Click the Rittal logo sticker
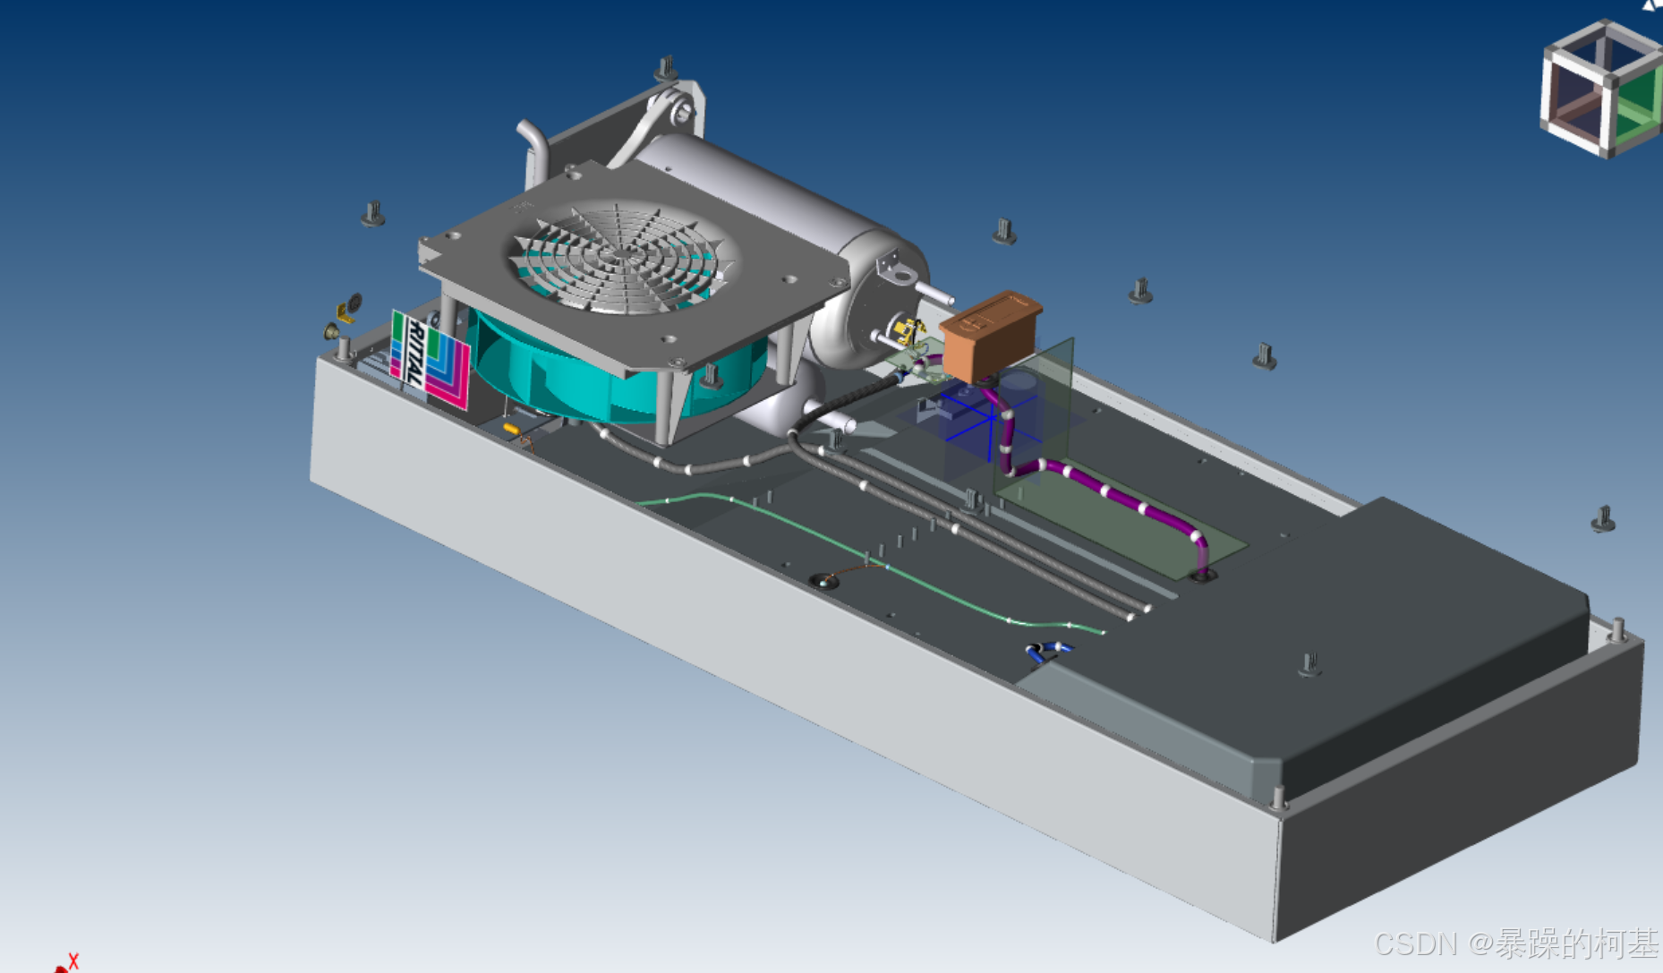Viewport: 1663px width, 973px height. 429,359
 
